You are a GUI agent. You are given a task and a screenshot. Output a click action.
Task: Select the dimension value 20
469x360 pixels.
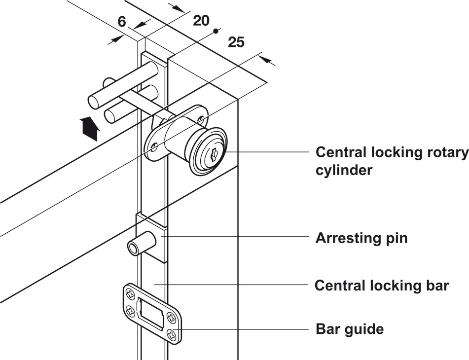(201, 20)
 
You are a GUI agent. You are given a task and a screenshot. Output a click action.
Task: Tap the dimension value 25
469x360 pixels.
(236, 42)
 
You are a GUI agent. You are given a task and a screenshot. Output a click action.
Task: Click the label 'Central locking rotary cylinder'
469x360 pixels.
(392, 161)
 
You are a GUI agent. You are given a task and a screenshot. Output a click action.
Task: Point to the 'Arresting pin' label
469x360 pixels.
(361, 238)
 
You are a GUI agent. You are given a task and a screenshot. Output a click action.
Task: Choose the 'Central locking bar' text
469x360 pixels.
(382, 285)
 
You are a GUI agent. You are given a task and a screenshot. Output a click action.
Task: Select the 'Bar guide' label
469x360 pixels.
(349, 328)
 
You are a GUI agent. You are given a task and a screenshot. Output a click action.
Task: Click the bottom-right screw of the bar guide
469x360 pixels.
(172, 334)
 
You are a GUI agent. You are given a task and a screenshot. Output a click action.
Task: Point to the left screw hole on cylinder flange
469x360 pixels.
(154, 146)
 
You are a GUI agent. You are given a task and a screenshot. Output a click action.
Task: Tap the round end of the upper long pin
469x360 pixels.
(93, 103)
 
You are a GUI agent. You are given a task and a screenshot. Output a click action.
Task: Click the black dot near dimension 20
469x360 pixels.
(215, 31)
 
